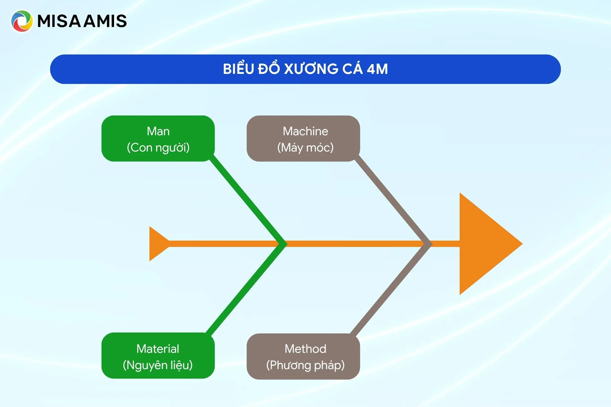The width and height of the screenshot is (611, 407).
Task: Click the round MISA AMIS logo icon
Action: tap(22, 21)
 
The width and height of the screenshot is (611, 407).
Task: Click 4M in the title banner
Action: tap(377, 69)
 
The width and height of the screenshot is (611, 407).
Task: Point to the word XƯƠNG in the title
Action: tap(311, 69)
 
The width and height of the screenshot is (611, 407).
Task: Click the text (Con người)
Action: tap(158, 147)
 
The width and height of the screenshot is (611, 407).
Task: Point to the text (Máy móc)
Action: tap(305, 147)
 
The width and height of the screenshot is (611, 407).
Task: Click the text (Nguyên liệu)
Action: tap(158, 365)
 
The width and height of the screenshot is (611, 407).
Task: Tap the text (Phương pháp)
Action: tap(305, 365)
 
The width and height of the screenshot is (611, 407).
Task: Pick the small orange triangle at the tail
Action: tap(157, 244)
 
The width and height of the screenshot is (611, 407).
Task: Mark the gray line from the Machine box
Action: tap(392, 200)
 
